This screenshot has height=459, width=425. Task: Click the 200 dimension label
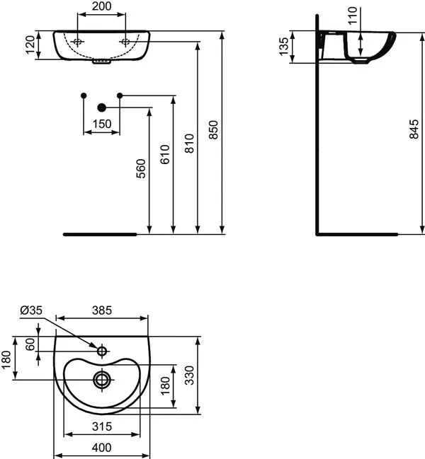pos(102,6)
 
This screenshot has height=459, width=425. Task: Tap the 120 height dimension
pos(30,45)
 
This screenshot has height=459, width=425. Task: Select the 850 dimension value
pos(214,129)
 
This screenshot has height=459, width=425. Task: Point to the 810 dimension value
pos(190,144)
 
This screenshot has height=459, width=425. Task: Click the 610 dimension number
pos(165,154)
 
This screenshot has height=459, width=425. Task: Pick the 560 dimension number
pos(141,168)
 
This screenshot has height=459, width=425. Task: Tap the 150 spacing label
pos(102,124)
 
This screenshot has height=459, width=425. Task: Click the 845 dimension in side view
pos(414,129)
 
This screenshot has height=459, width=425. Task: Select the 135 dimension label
pos(283,46)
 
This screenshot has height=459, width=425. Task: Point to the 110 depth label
pos(353,16)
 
